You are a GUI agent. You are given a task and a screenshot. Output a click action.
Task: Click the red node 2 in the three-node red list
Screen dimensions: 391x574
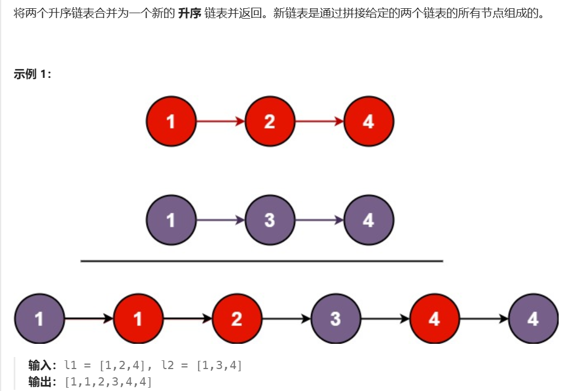(269, 121)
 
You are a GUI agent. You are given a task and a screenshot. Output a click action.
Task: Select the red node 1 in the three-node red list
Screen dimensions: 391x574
(171, 121)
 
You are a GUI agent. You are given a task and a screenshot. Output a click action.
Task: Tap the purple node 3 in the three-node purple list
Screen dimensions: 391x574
(269, 220)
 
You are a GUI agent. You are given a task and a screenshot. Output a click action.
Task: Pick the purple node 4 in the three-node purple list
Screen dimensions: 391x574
(368, 220)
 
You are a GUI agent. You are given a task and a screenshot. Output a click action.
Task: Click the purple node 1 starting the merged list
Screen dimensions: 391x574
(39, 319)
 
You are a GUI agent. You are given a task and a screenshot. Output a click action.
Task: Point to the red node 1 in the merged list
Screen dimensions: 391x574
(138, 319)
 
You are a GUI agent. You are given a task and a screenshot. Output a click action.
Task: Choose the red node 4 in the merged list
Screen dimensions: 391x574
(434, 319)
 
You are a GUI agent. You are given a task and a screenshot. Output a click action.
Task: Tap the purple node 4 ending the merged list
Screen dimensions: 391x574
(533, 319)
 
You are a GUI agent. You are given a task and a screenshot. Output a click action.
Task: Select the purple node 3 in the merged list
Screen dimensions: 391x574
(335, 319)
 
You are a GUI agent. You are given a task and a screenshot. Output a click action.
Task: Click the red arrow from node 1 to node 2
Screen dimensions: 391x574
(220, 121)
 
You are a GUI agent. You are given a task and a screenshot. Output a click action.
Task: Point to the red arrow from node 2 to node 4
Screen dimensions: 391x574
(319, 121)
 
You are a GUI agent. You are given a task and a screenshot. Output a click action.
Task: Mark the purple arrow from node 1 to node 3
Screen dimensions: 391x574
(220, 220)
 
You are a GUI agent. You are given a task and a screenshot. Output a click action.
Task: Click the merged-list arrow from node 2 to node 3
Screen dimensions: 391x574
(286, 319)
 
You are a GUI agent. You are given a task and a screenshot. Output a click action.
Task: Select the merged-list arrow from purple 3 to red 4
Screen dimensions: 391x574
(385, 319)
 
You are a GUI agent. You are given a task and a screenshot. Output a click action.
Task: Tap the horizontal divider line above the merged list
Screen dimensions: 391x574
(261, 262)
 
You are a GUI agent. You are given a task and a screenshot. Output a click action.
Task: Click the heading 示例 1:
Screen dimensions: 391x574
(32, 75)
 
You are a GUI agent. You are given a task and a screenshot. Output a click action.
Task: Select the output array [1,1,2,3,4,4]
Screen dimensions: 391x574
(108, 382)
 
